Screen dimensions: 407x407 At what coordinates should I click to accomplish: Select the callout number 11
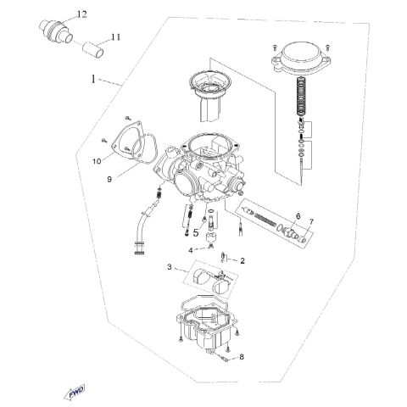[116, 37]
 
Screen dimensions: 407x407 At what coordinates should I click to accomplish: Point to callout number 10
[97, 159]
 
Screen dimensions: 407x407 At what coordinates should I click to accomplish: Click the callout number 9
[109, 179]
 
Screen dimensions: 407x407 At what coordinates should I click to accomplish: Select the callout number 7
[310, 222]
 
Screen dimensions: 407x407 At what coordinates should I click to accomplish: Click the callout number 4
[192, 250]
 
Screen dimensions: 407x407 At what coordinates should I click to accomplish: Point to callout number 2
[242, 260]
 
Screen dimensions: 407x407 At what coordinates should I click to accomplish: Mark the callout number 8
[241, 357]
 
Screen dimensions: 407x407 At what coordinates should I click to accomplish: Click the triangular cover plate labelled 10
[124, 144]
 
